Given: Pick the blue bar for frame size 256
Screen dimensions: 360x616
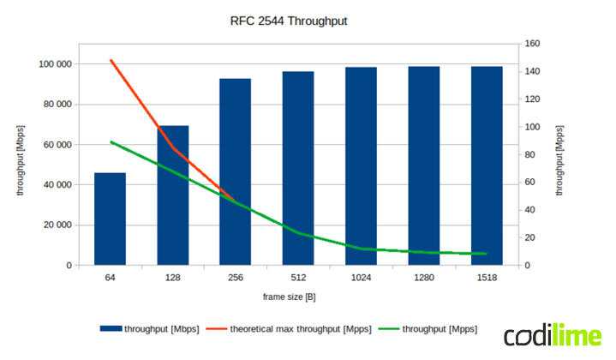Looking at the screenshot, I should (x=236, y=171).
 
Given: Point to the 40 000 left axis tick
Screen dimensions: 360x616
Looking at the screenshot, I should (x=57, y=185).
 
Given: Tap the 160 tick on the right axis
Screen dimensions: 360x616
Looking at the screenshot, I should (x=531, y=44).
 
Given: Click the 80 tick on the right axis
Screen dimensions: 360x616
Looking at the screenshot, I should (x=529, y=154).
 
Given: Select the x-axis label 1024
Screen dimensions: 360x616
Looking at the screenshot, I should (x=361, y=278).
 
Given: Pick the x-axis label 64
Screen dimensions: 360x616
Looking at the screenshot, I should (x=110, y=278).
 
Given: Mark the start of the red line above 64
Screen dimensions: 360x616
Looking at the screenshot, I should (x=111, y=60).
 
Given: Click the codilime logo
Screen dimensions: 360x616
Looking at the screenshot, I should (x=552, y=335).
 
